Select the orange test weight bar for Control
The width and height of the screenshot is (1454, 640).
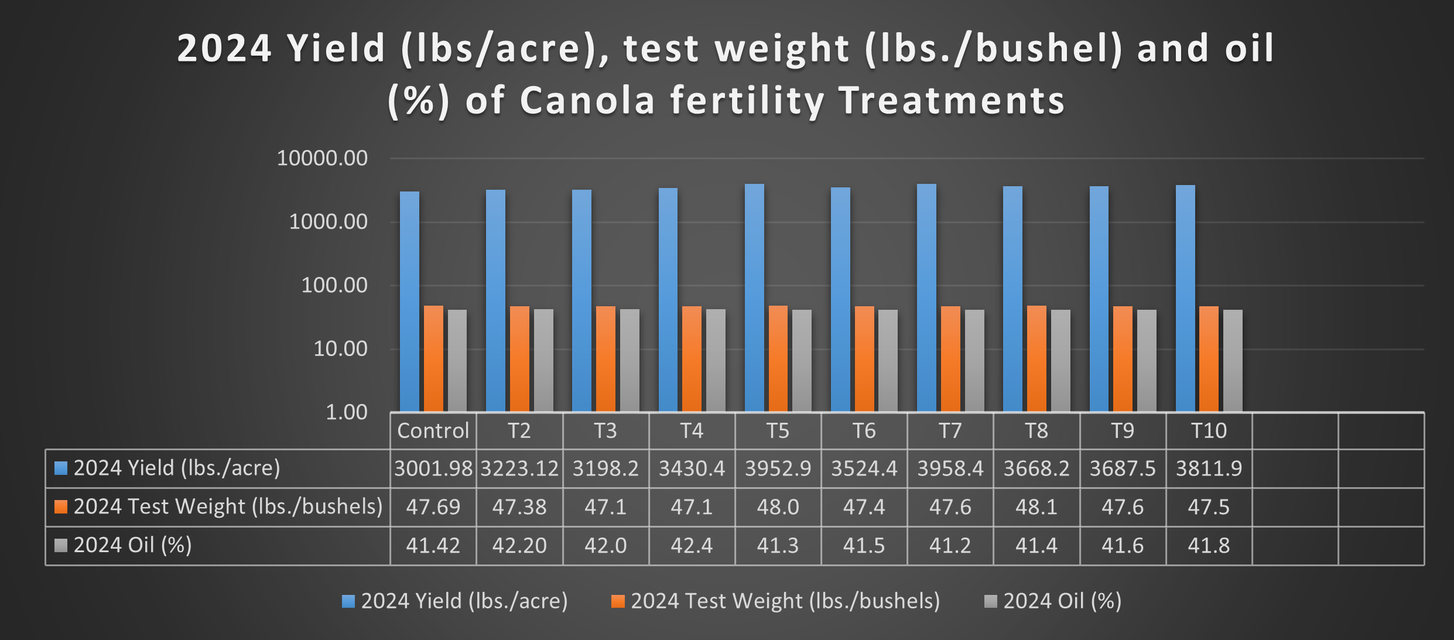pyautogui.click(x=433, y=358)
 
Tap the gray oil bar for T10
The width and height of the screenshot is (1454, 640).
pyautogui.click(x=1233, y=360)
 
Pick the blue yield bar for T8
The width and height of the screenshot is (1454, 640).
pyautogui.click(x=1012, y=299)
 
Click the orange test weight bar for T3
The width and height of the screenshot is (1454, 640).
pyautogui.click(x=605, y=358)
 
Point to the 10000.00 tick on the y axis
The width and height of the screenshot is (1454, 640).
pyautogui.click(x=322, y=158)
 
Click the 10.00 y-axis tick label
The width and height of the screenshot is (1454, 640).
pyautogui.click(x=340, y=349)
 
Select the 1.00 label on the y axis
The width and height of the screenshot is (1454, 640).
pyautogui.click(x=347, y=412)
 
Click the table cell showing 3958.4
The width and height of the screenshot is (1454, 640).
pyautogui.click(x=950, y=468)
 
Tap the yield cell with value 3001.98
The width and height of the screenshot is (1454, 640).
pyautogui.click(x=433, y=468)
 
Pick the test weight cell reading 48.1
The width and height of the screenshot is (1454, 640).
pyautogui.click(x=1036, y=507)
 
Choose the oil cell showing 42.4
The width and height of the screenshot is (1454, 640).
pyautogui.click(x=692, y=546)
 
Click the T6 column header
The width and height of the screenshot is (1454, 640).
pyautogui.click(x=864, y=431)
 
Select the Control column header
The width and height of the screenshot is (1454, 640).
pyautogui.click(x=433, y=431)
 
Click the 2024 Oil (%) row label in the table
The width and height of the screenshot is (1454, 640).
pyautogui.click(x=132, y=545)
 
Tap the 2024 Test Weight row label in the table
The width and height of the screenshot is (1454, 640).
pyautogui.click(x=227, y=506)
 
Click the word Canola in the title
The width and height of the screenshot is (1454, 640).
pyautogui.click(x=587, y=101)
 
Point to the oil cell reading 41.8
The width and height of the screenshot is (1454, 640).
pyautogui.click(x=1209, y=546)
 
